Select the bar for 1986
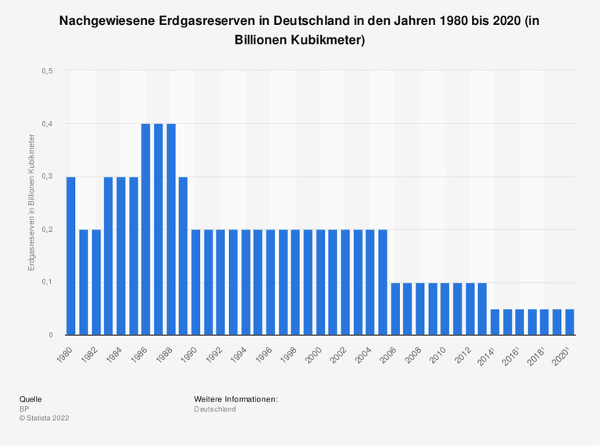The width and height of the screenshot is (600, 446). click(x=146, y=230)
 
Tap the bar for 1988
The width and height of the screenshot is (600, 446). click(x=171, y=230)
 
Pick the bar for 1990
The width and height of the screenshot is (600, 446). click(x=196, y=283)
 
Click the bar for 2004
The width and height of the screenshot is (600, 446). click(x=370, y=283)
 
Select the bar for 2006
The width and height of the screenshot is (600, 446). click(x=395, y=309)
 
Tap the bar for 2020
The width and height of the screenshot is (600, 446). click(x=570, y=323)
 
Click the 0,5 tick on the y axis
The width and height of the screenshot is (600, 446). click(x=48, y=71)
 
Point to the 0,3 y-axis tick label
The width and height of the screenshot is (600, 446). click(x=48, y=177)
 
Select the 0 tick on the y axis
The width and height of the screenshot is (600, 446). click(x=51, y=335)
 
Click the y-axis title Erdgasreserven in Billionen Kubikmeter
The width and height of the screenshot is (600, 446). click(x=32, y=203)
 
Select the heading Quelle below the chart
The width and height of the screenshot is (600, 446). click(x=30, y=399)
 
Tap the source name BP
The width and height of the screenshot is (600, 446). click(x=24, y=409)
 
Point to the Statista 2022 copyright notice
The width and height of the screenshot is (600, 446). click(x=45, y=418)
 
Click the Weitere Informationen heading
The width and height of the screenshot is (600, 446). click(x=236, y=399)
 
